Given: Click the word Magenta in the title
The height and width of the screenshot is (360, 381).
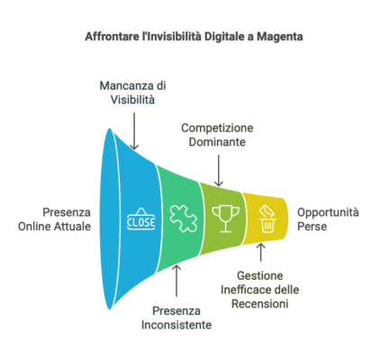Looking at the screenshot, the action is tap(280, 37).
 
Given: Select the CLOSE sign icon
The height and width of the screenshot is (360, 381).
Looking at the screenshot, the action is tap(141, 220).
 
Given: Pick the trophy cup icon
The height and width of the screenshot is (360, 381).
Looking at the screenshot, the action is tap(226, 219).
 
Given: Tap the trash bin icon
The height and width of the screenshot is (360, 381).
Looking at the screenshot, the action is tap(268, 219).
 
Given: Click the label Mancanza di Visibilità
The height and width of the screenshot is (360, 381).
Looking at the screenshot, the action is tap(132, 93).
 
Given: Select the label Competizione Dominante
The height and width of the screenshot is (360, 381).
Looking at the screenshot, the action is tap(217, 135).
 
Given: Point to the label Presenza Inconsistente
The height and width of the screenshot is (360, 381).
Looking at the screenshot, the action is tap(177, 318).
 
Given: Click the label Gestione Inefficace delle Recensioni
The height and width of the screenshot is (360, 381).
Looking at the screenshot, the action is tap(260, 290).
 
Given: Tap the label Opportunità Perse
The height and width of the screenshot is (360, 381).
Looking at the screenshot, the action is tap(328, 220).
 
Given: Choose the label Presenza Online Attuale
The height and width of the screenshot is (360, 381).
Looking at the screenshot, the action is tap(54, 220).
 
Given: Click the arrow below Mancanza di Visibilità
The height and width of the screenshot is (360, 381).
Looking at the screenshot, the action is tap(134, 130).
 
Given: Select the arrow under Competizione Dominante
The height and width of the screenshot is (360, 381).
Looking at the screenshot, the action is tap(219, 170).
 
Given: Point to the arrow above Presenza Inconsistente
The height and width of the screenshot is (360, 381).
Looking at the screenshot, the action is tap(177, 281).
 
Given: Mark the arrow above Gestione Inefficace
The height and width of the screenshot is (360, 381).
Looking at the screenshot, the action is tap(260, 252).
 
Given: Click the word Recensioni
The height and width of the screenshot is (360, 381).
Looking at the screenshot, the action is tap(260, 304).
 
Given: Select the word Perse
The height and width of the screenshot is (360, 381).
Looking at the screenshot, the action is tap(312, 227).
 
